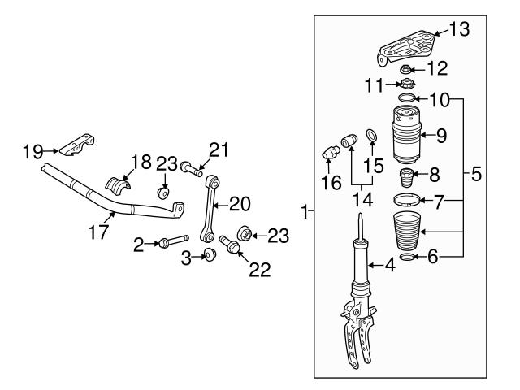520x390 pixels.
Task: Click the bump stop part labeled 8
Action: [406, 176]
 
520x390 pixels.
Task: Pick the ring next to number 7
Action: [408, 199]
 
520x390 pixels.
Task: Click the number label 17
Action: [98, 232]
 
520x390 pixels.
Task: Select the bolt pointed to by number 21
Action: [191, 170]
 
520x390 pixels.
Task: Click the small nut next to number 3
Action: [210, 256]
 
